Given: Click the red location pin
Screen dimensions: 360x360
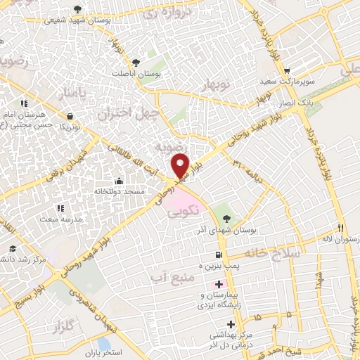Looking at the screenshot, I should tap(180, 166).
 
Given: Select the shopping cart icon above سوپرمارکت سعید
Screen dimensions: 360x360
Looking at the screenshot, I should tap(287, 71).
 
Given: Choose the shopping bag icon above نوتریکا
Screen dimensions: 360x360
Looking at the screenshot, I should tap(70, 116).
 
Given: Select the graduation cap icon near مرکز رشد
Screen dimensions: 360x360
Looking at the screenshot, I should tap(13, 248).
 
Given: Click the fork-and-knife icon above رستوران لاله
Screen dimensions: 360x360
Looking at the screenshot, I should tap(340, 228).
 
